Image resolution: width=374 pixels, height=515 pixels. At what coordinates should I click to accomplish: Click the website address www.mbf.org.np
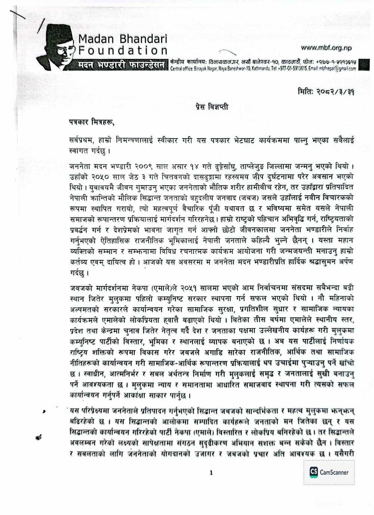(x=326, y=48)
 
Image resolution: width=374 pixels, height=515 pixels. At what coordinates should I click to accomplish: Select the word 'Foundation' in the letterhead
(x=123, y=50)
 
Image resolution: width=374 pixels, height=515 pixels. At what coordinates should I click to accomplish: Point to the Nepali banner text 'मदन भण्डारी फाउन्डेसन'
(x=119, y=65)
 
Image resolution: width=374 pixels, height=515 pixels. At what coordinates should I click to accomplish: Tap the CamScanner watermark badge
(x=329, y=472)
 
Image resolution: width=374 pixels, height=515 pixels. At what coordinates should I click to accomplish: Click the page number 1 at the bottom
(x=211, y=473)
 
